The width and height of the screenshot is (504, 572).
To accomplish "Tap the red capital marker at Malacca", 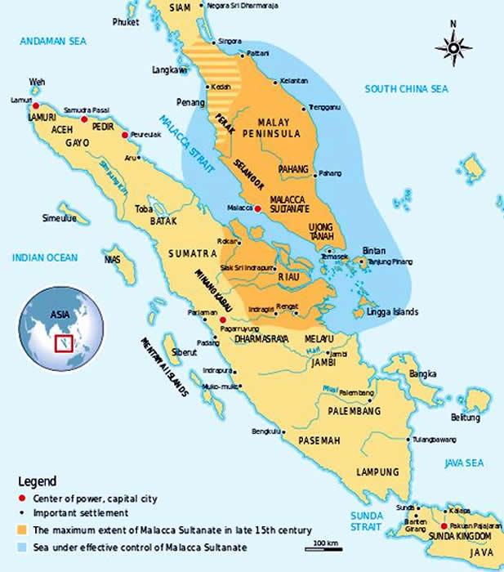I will click(258, 208).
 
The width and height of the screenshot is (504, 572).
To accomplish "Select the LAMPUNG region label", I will click(377, 472).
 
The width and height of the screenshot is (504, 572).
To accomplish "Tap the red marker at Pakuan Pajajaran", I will click(444, 526).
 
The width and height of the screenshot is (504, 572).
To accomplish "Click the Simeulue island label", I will click(60, 218).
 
